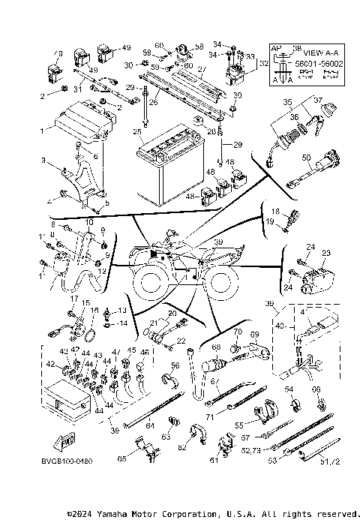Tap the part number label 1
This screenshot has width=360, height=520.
click(42, 130)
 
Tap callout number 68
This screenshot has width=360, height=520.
click(217, 347)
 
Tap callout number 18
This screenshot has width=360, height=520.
click(274, 212)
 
